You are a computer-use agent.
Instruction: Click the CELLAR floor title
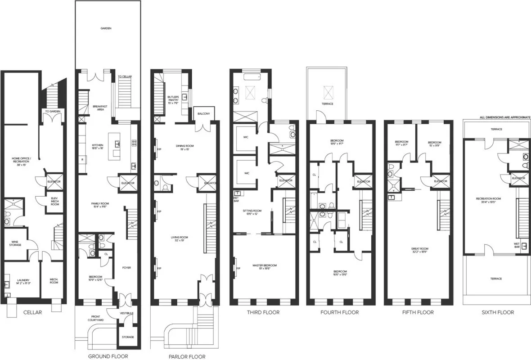32,312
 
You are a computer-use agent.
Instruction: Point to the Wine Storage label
15,243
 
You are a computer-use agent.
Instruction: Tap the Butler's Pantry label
173,99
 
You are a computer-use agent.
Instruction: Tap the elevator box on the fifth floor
441,181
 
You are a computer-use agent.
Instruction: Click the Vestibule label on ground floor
126,313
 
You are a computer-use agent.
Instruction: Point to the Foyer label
126,268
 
